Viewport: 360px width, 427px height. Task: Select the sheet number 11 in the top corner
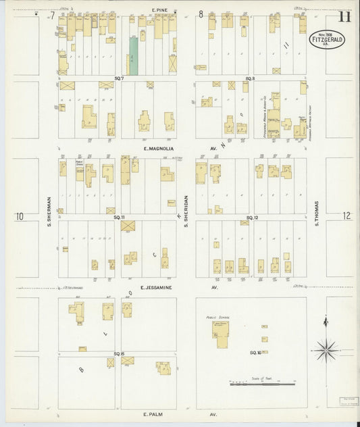pyautogui.click(x=344, y=16)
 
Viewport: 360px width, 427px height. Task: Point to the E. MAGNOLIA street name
pyautogui.click(x=159, y=148)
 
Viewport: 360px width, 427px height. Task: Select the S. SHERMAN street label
pyautogui.click(x=49, y=211)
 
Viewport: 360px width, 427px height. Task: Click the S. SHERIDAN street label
pyautogui.click(x=186, y=211)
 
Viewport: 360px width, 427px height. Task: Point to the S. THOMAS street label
pyautogui.click(x=315, y=211)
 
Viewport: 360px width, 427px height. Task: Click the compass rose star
pyautogui.click(x=327, y=349)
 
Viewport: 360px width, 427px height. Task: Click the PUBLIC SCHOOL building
pyautogui.click(x=222, y=332)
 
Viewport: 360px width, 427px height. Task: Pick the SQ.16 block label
pyautogui.click(x=255, y=353)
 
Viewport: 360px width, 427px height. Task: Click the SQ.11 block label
pyautogui.click(x=120, y=217)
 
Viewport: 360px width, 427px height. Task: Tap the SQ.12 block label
pyautogui.click(x=253, y=217)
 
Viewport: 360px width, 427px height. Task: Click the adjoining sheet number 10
pyautogui.click(x=20, y=216)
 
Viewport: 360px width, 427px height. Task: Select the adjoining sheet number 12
pyautogui.click(x=346, y=216)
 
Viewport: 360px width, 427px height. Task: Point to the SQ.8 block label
pyautogui.click(x=249, y=79)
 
